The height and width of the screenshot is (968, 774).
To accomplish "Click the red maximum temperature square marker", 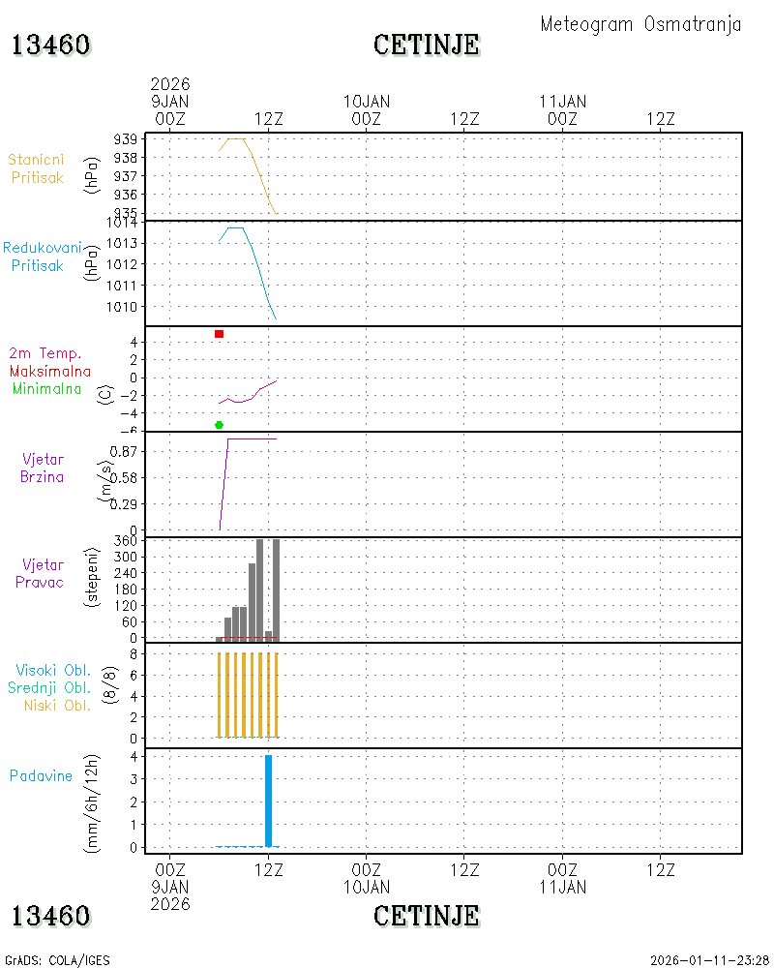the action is (x=219, y=334).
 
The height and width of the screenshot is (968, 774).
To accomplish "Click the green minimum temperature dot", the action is (x=219, y=425).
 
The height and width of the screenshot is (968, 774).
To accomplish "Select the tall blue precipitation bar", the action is (x=269, y=801).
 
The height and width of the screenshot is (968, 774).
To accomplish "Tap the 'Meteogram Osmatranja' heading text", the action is (x=640, y=25).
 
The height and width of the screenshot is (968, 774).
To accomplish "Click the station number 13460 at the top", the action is (x=50, y=45).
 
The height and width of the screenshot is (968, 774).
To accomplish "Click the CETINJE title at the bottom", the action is (x=427, y=916).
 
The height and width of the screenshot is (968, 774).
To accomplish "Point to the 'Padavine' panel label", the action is (x=41, y=775).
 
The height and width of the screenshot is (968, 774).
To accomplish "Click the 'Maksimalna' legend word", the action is (x=50, y=371).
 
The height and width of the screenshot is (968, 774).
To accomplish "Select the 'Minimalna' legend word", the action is (x=46, y=389).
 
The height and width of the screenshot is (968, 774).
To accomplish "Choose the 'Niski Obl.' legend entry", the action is (x=57, y=705).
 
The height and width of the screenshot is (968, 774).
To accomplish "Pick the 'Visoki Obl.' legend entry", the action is (x=53, y=670).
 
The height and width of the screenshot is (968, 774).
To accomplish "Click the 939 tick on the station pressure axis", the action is (x=126, y=139).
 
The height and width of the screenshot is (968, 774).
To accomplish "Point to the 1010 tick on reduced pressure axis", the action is (x=122, y=306).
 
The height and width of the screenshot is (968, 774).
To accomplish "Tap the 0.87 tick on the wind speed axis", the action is (x=123, y=451).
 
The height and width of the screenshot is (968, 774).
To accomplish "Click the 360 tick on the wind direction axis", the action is (x=126, y=541).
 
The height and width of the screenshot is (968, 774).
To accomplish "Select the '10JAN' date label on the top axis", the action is (x=367, y=102).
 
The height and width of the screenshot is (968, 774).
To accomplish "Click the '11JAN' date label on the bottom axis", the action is (x=563, y=887).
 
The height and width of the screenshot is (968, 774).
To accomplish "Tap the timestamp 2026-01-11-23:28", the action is (x=709, y=960).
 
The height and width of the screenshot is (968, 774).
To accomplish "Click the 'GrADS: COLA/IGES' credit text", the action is (x=57, y=960).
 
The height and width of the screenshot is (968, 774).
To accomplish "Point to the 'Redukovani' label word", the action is (x=42, y=248).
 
